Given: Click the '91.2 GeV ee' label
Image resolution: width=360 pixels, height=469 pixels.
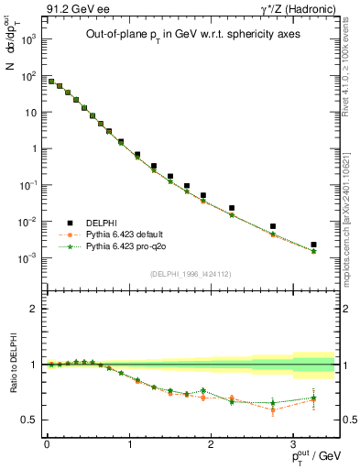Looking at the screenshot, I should coord(61,10).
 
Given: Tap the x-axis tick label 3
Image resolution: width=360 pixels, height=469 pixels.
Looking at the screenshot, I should coord(292,446).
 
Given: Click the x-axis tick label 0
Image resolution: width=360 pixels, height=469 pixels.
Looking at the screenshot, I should coord(47,446).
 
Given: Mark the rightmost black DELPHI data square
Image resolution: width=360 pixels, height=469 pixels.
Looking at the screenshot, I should coord(313,245).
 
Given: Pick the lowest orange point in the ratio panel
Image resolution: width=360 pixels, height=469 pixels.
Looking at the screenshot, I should coord(273,409).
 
